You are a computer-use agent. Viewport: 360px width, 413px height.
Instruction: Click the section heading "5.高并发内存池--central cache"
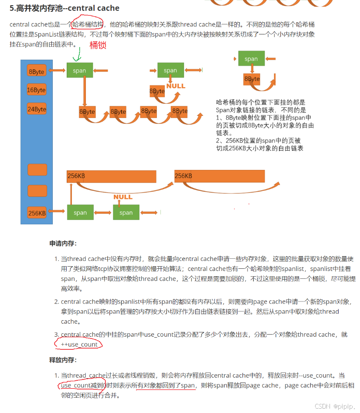(65, 8)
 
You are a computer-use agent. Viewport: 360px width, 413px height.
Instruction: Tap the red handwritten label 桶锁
(98, 45)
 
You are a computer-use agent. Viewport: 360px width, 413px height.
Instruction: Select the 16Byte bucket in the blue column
(37, 90)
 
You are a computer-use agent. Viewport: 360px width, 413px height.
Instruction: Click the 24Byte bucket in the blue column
(37, 109)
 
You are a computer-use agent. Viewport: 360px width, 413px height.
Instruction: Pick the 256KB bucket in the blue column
(37, 213)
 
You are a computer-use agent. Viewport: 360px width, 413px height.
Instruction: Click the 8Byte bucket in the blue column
(37, 71)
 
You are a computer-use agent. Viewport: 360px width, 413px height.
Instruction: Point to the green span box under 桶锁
(79, 70)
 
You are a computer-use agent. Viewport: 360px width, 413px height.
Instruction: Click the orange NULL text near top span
(176, 86)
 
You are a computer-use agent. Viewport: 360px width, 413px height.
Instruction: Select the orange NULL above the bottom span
(123, 197)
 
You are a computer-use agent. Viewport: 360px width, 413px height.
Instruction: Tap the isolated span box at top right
(251, 59)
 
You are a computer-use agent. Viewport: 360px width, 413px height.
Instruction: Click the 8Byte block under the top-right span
(251, 79)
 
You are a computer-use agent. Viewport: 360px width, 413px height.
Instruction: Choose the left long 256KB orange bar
(111, 176)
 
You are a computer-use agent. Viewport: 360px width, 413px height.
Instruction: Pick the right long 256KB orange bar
(219, 176)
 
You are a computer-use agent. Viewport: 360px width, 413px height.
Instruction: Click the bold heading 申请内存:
(63, 244)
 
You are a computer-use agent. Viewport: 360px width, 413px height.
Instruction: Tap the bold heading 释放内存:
(63, 360)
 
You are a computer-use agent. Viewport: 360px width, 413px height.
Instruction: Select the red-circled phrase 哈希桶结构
(88, 24)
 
